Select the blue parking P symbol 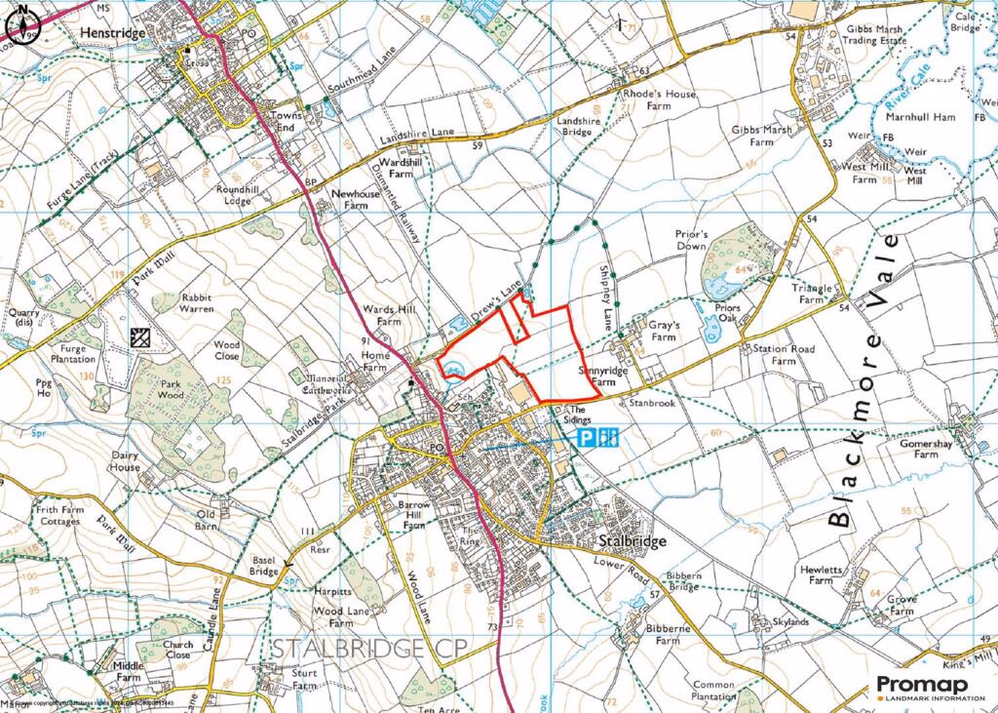tap(586, 439)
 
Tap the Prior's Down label tap(690, 240)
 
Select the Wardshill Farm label tap(397, 167)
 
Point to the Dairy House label tap(125, 461)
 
